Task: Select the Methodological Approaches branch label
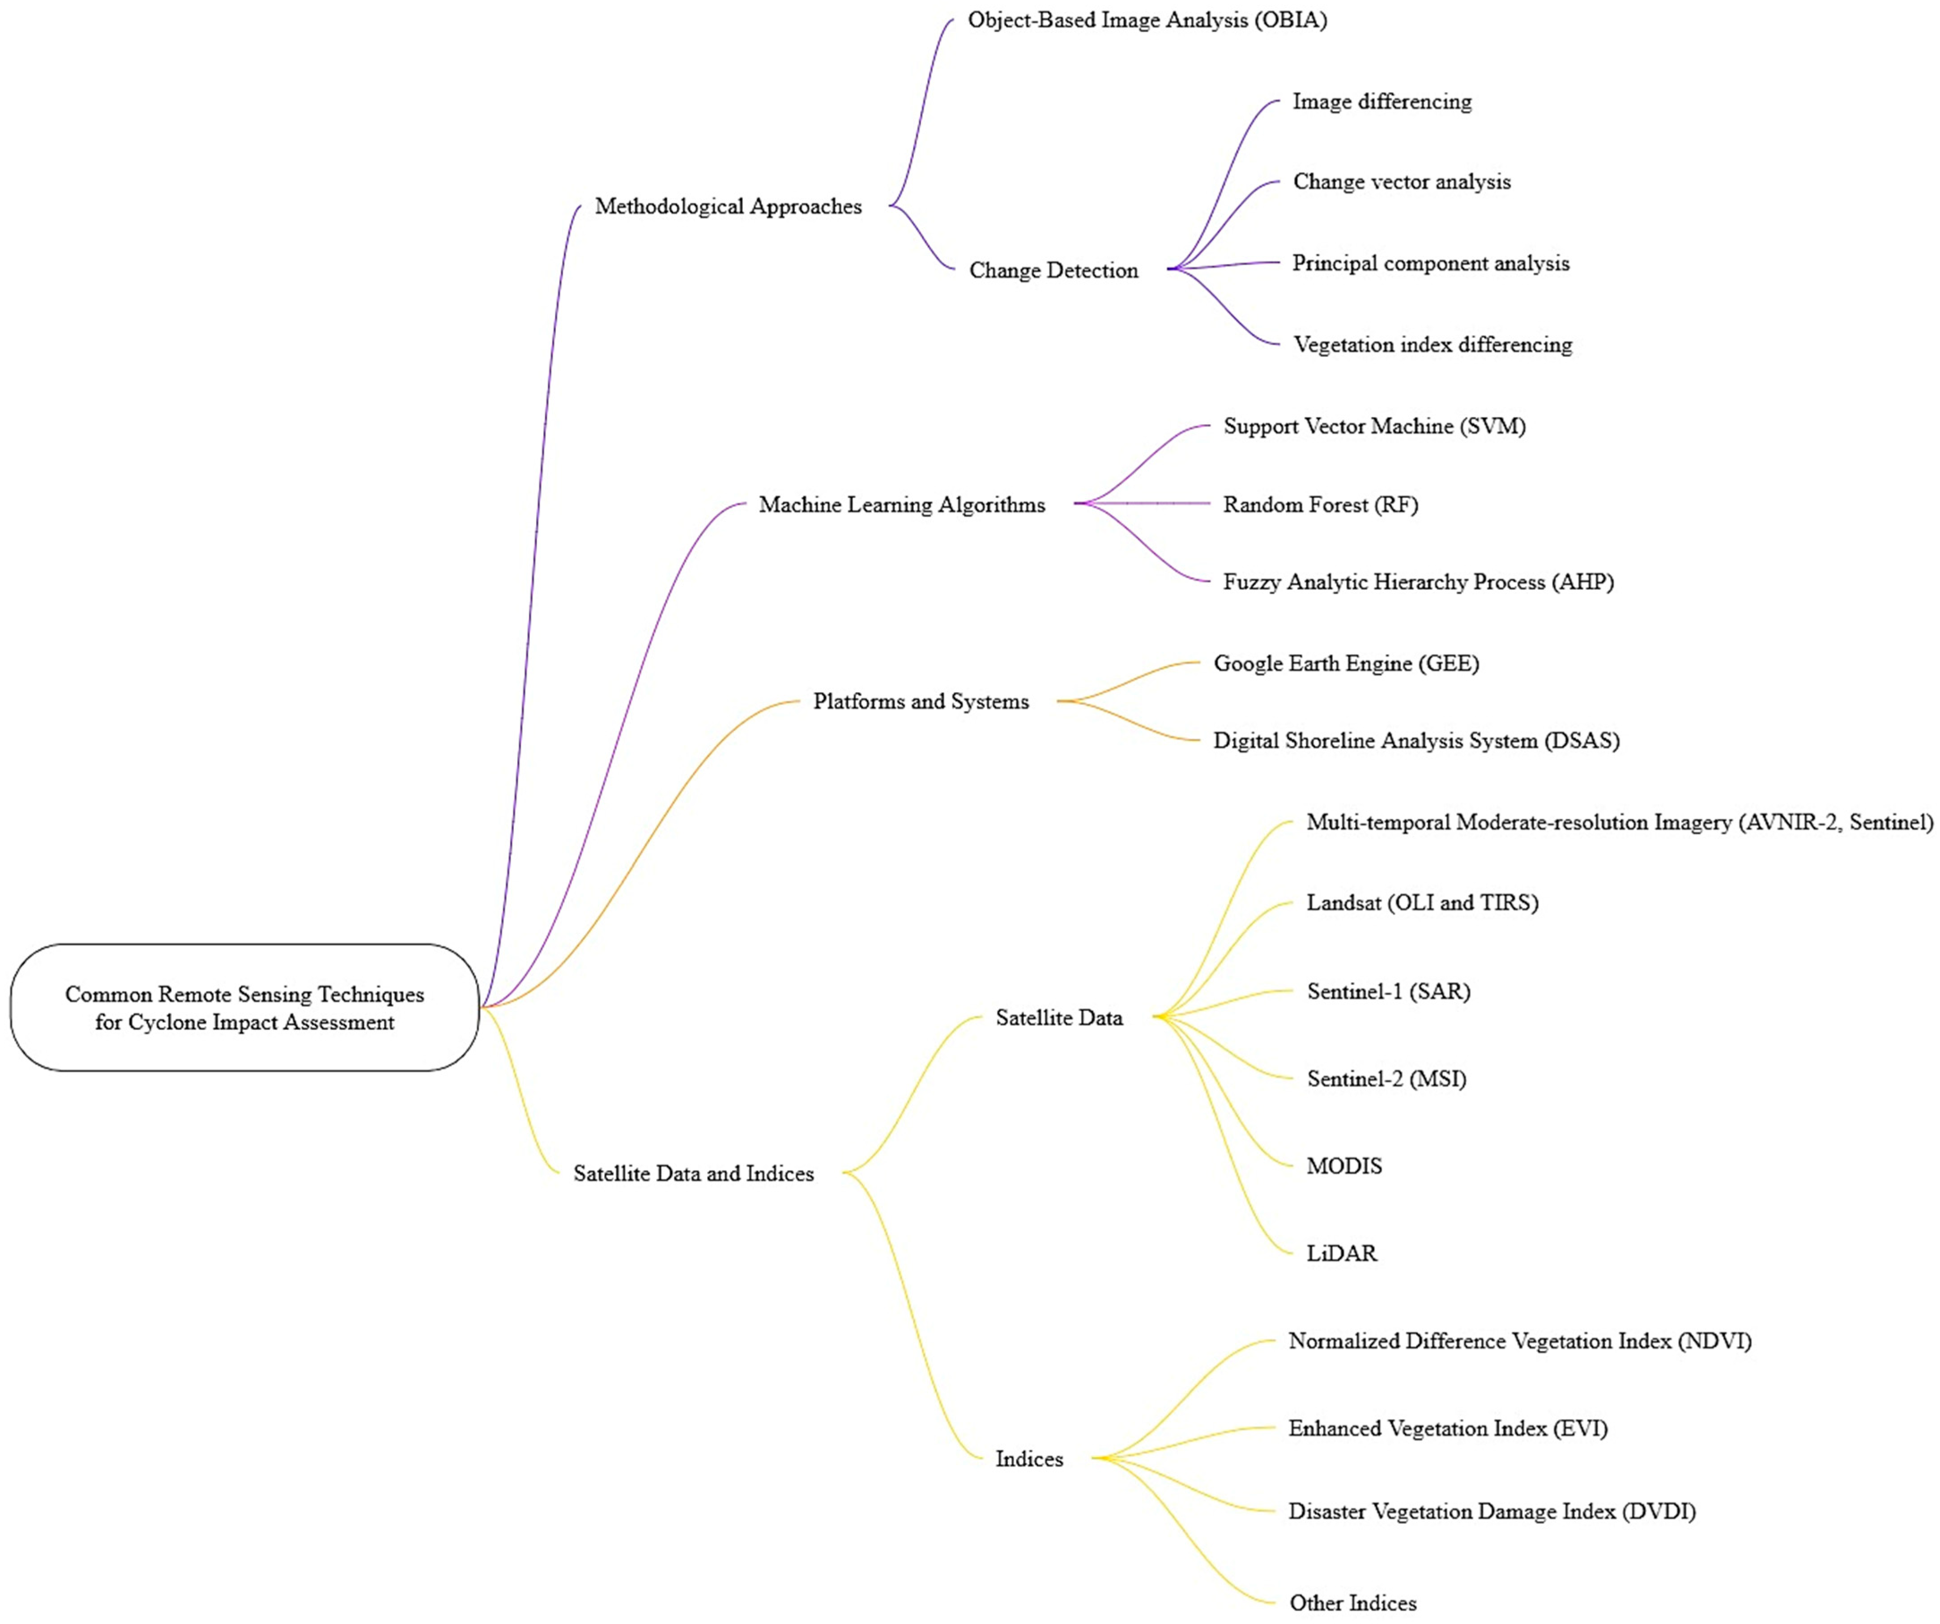(x=728, y=206)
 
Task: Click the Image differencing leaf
(x=1382, y=102)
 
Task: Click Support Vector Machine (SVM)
(x=1375, y=426)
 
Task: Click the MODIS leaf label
(x=1344, y=1166)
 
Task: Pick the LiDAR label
(x=1341, y=1254)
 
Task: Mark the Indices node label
(x=1029, y=1458)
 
